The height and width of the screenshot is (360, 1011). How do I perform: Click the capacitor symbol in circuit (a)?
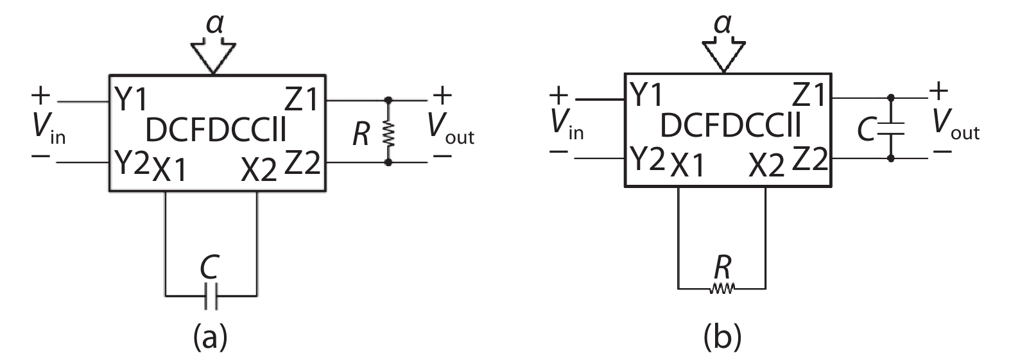tap(211, 296)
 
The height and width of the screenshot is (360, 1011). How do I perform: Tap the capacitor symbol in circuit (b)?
tap(890, 128)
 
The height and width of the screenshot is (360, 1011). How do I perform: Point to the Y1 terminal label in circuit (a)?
tap(132, 99)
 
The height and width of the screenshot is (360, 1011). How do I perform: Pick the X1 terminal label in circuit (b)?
tap(687, 167)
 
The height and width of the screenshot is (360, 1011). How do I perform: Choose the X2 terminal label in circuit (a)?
tap(259, 170)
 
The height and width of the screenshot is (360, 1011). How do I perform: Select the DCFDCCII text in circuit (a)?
tap(216, 130)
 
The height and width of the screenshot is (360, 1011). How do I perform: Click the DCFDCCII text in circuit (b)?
tap(730, 127)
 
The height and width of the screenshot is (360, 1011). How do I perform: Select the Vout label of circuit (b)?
tap(956, 125)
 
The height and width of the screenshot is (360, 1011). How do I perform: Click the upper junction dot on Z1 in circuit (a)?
tap(388, 101)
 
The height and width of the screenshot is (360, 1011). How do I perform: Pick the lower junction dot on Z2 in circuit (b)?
tap(890, 157)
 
